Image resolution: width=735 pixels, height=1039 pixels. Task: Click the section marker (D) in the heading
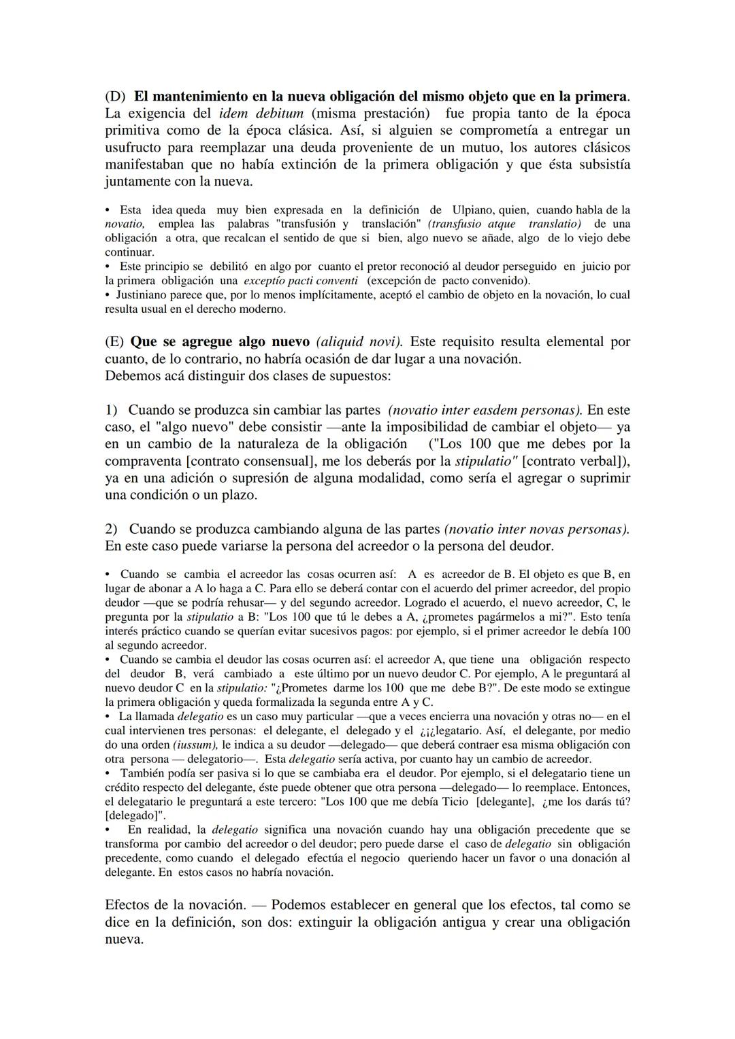click(115, 96)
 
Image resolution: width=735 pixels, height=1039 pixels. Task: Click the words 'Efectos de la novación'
click(175, 905)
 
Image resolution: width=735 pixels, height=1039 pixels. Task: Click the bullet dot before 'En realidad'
click(108, 830)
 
